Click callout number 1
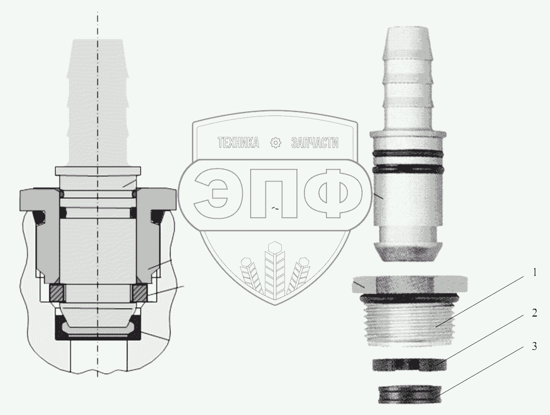pyautogui.click(x=534, y=273)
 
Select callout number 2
pyautogui.click(x=534, y=313)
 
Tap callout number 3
pyautogui.click(x=534, y=347)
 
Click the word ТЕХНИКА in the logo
pyautogui.click(x=238, y=142)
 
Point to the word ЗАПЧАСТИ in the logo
pyautogui.click(x=315, y=142)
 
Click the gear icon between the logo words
pyautogui.click(x=276, y=142)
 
